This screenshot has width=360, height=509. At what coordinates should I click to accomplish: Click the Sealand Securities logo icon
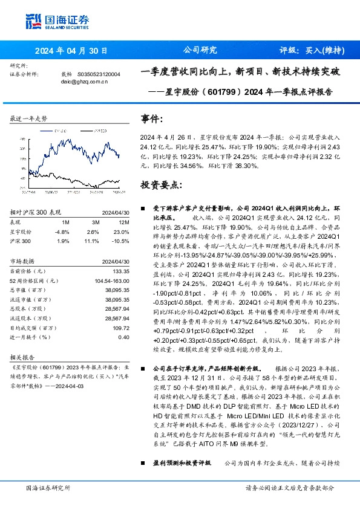pos(33,21)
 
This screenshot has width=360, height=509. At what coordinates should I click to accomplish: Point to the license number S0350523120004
pos(99,74)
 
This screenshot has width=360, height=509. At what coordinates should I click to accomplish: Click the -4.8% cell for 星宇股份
pos(62,232)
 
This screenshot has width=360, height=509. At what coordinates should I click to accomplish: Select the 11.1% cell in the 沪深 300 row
pos(93,241)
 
